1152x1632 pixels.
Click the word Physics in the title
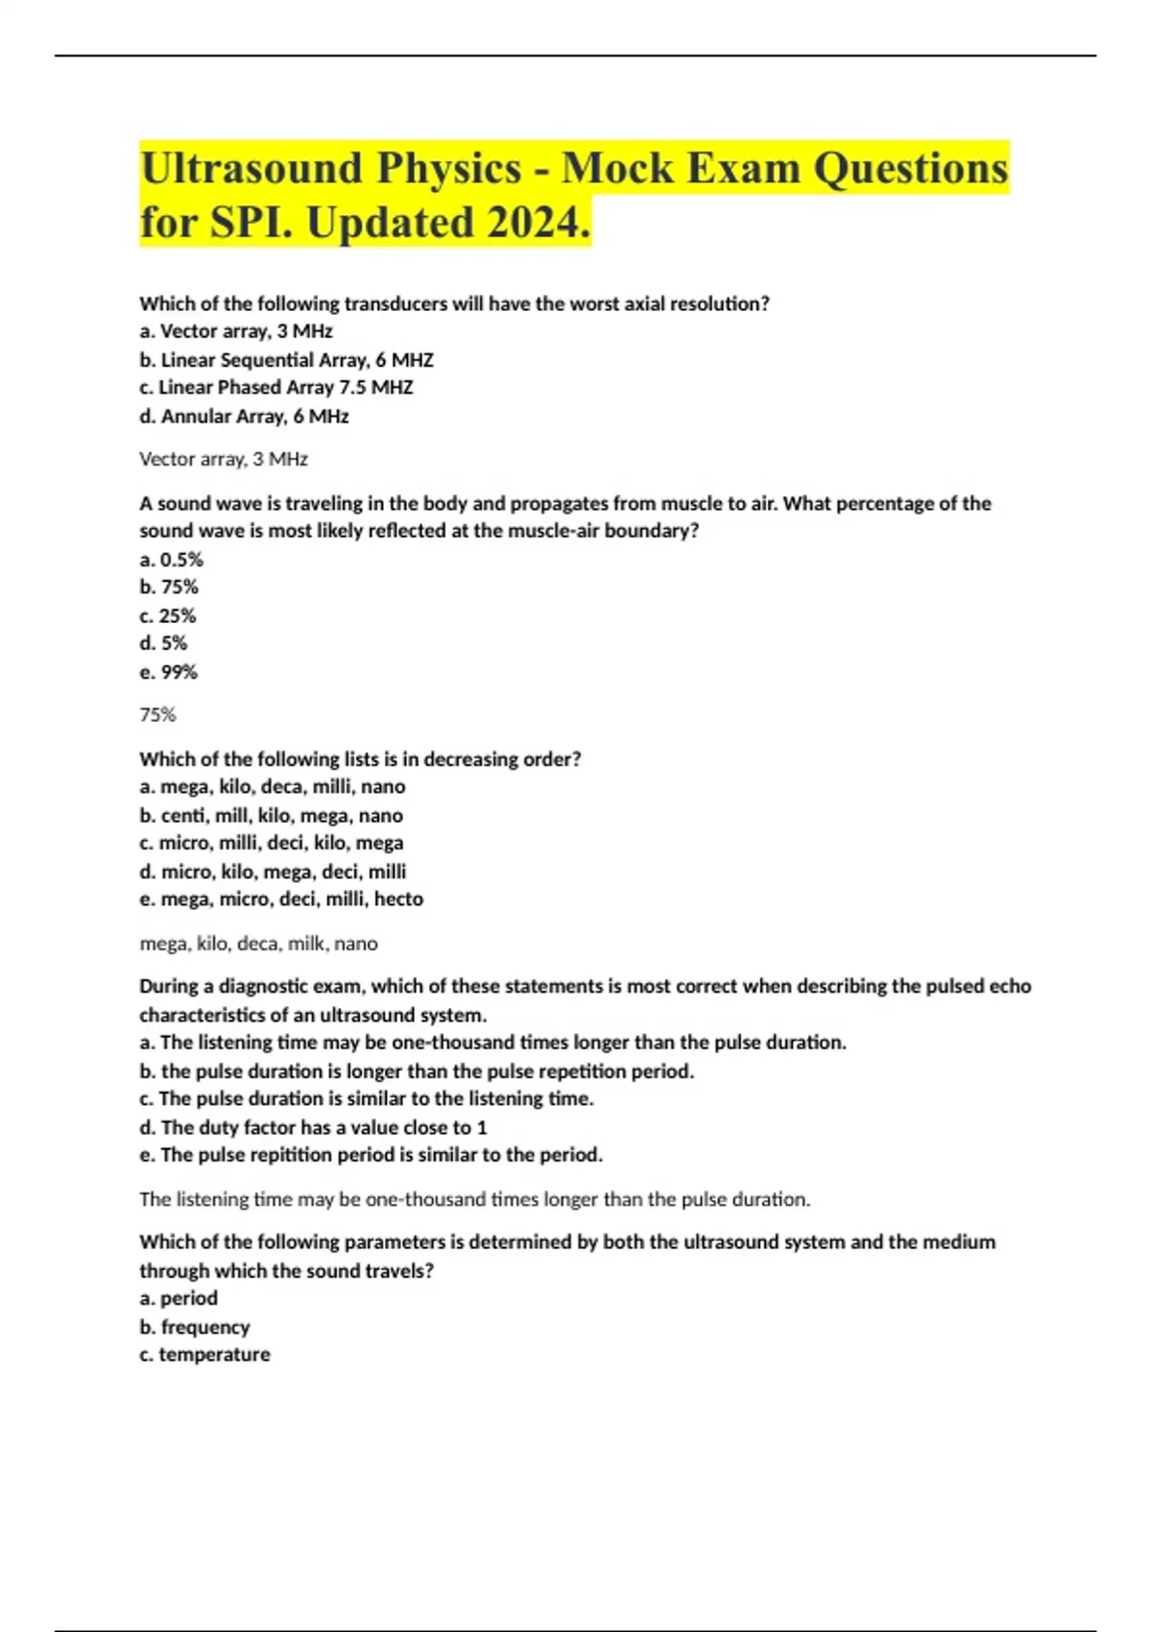click(x=448, y=169)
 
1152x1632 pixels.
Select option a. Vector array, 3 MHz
click(x=236, y=331)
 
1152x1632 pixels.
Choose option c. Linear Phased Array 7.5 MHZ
click(x=276, y=388)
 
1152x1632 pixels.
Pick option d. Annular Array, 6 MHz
click(x=244, y=417)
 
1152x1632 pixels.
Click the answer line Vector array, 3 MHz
click(x=224, y=459)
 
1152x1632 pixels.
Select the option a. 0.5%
click(x=171, y=560)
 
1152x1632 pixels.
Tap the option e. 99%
click(x=168, y=672)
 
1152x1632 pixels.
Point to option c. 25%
click(x=168, y=615)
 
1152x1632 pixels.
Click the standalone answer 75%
click(x=157, y=715)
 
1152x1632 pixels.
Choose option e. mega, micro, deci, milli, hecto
click(x=281, y=900)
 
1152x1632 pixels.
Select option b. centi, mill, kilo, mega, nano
click(x=271, y=816)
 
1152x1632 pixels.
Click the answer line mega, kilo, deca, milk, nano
click(x=258, y=944)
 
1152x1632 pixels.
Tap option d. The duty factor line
click(x=313, y=1127)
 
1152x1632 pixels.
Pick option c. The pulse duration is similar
click(x=367, y=1099)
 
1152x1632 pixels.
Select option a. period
click(x=179, y=1299)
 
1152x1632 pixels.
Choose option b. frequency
click(x=194, y=1328)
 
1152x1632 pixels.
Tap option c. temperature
click(x=204, y=1356)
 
